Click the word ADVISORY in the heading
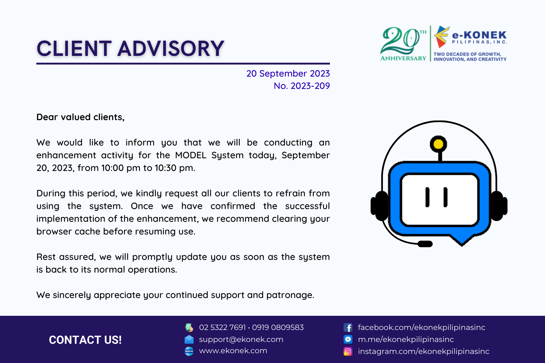(x=171, y=49)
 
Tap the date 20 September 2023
(x=288, y=74)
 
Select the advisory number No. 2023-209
(x=302, y=86)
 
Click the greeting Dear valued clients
(x=80, y=117)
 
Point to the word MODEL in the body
(x=191, y=155)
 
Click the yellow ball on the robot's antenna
(x=439, y=144)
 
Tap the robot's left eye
(x=427, y=197)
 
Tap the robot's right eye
(x=445, y=197)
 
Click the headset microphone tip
(x=425, y=244)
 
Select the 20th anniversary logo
(x=403, y=44)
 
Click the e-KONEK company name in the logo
(x=479, y=36)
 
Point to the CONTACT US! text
(x=85, y=340)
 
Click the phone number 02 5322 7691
(x=222, y=327)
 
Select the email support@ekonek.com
(x=241, y=339)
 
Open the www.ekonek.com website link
(x=233, y=351)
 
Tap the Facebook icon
(x=348, y=327)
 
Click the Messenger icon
(x=348, y=339)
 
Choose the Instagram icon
(x=348, y=351)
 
